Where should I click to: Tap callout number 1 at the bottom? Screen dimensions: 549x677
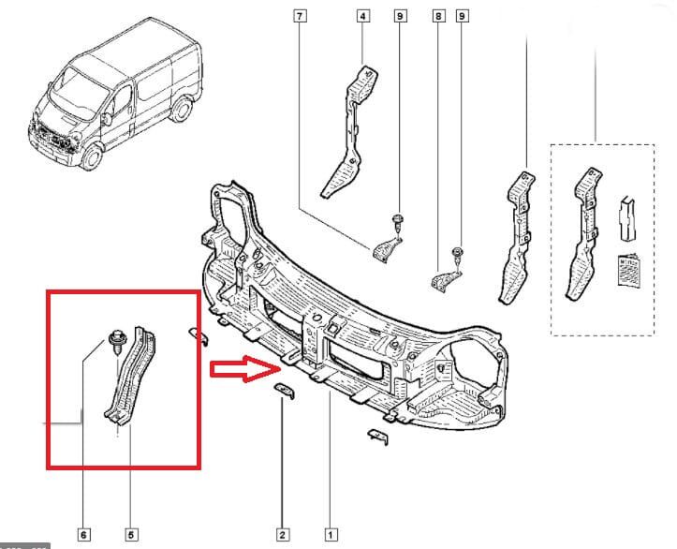[331, 534]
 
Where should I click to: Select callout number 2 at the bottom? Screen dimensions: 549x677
[282, 534]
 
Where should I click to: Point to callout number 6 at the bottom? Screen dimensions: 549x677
[83, 534]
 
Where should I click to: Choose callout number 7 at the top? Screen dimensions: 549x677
[300, 16]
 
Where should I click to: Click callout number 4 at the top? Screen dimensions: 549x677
[361, 16]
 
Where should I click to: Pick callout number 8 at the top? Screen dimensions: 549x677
[437, 16]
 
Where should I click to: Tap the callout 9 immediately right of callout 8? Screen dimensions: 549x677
[462, 16]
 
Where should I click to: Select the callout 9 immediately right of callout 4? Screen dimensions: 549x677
[400, 16]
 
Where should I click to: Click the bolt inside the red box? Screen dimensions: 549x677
[117, 338]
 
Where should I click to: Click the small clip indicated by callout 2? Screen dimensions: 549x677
[285, 390]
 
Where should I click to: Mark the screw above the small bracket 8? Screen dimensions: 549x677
[457, 255]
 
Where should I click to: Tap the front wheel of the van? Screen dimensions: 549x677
[91, 155]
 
